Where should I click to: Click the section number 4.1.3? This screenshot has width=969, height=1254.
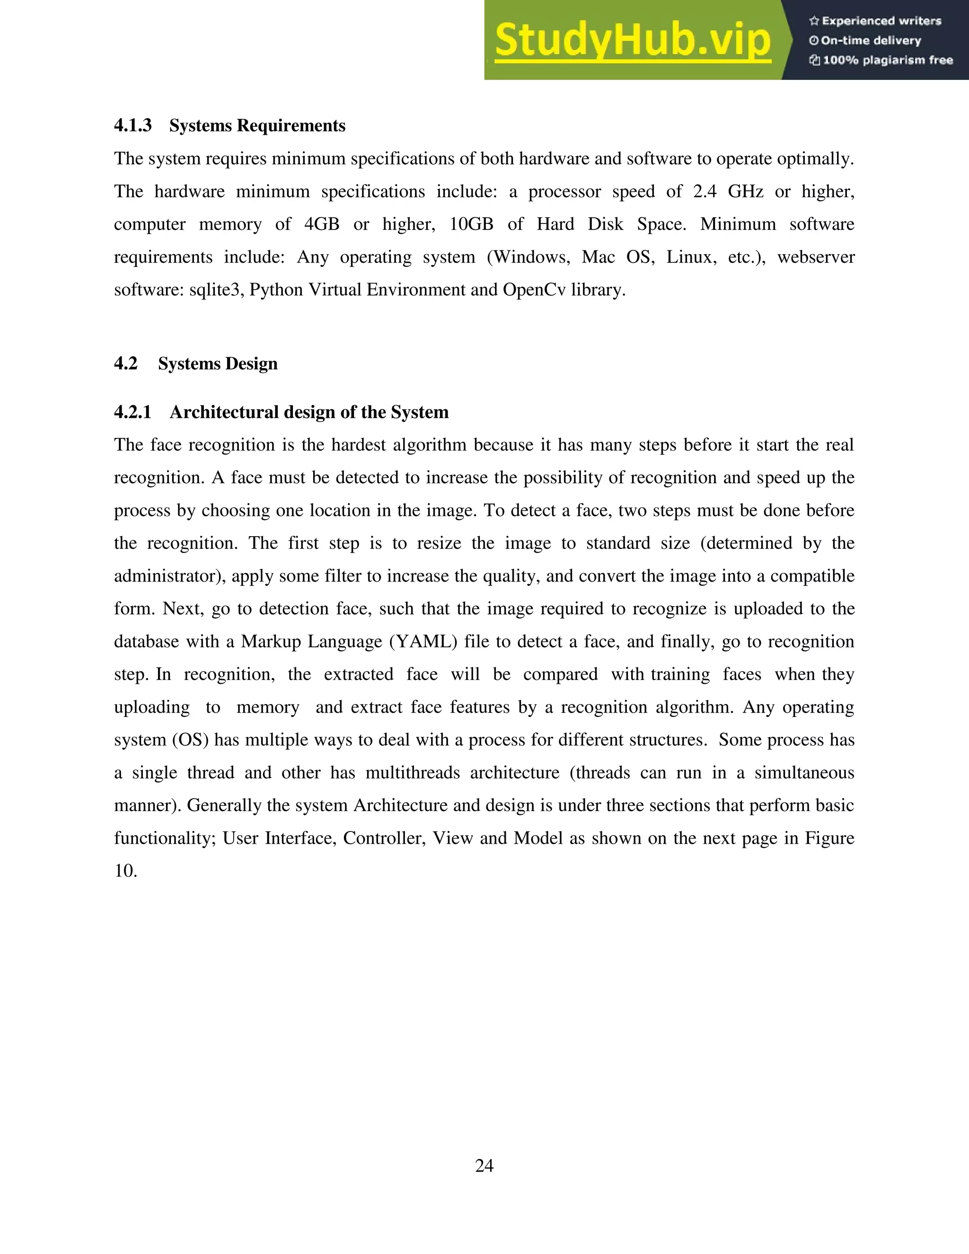[132, 126]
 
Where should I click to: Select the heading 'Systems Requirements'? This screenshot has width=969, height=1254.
[257, 126]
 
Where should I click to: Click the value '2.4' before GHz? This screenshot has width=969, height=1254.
[705, 192]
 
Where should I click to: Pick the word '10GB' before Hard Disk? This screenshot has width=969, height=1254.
[471, 224]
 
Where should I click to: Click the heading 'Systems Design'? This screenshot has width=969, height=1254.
[218, 364]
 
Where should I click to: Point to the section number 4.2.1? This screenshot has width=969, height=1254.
[132, 412]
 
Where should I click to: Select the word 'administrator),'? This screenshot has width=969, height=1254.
[170, 576]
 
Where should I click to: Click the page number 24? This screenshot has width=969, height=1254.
[484, 1166]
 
